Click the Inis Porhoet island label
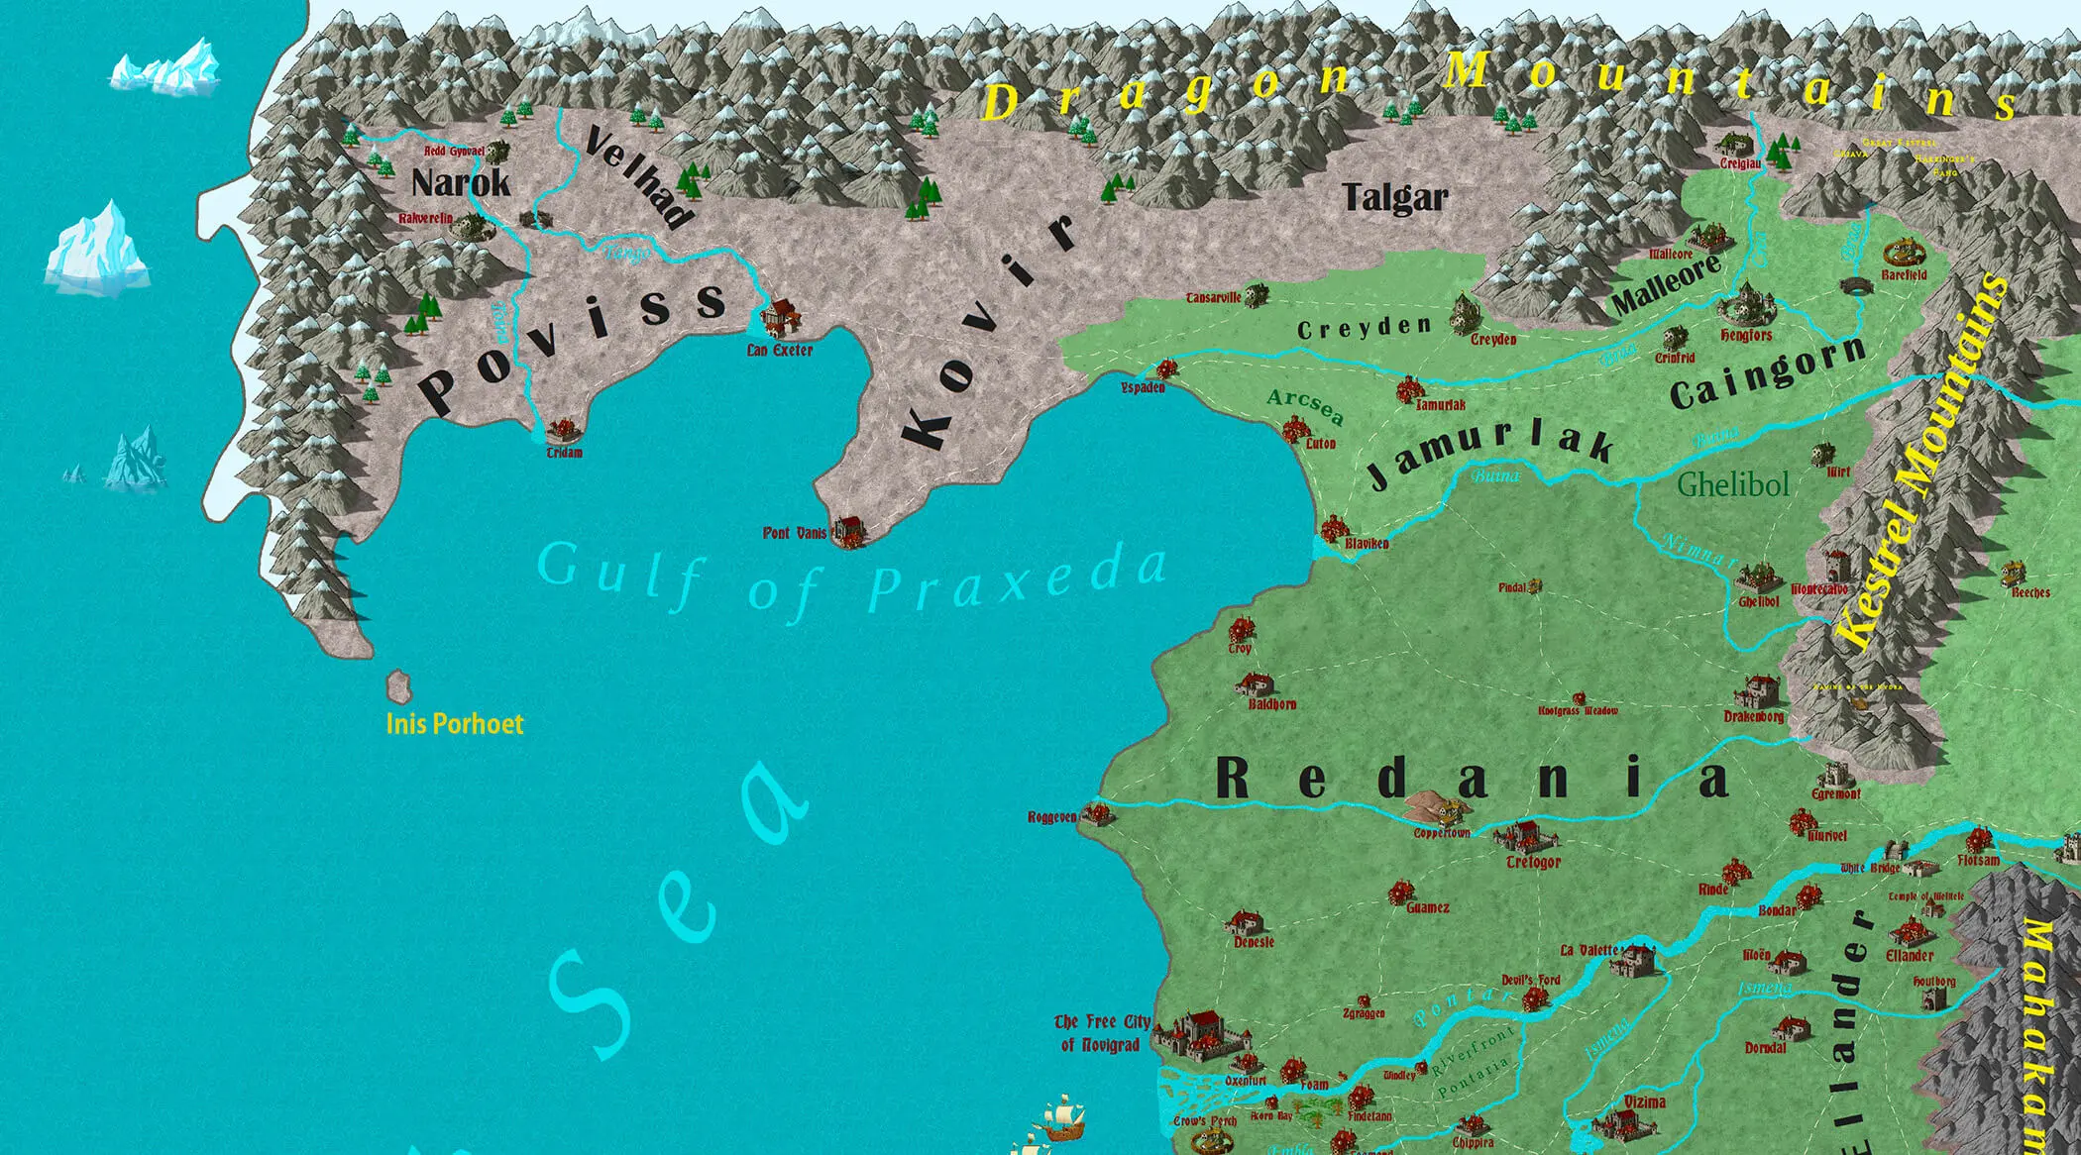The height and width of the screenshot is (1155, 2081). [x=454, y=723]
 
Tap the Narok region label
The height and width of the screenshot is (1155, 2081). [x=461, y=183]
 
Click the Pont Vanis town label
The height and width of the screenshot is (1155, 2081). [x=794, y=533]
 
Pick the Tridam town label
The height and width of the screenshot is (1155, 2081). [x=564, y=453]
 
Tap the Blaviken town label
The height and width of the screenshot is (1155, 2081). [x=1367, y=544]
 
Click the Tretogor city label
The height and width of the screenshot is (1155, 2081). [x=1533, y=863]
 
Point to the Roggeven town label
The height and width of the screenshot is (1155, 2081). [x=1051, y=817]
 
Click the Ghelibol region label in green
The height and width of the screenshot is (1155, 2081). [x=1733, y=484]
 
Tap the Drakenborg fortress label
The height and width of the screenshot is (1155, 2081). [x=1753, y=716]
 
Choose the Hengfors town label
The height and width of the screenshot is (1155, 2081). [x=1746, y=336]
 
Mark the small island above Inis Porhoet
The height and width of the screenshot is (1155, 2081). [x=398, y=684]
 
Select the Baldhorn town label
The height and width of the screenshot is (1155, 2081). [x=1271, y=704]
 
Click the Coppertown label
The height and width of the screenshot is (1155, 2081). [x=1441, y=833]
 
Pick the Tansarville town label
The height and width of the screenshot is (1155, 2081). [x=1213, y=297]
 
